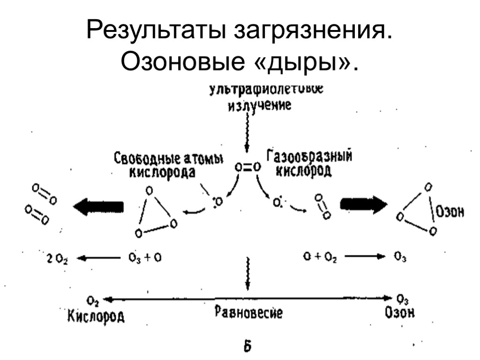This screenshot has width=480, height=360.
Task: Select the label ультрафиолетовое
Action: [x=260, y=89]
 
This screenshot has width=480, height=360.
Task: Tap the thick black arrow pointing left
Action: [x=98, y=206]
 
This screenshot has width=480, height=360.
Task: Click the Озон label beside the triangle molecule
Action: [x=450, y=211]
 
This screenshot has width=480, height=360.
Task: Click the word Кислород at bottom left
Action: [x=95, y=316]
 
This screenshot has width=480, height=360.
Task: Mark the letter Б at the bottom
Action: [x=247, y=347]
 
